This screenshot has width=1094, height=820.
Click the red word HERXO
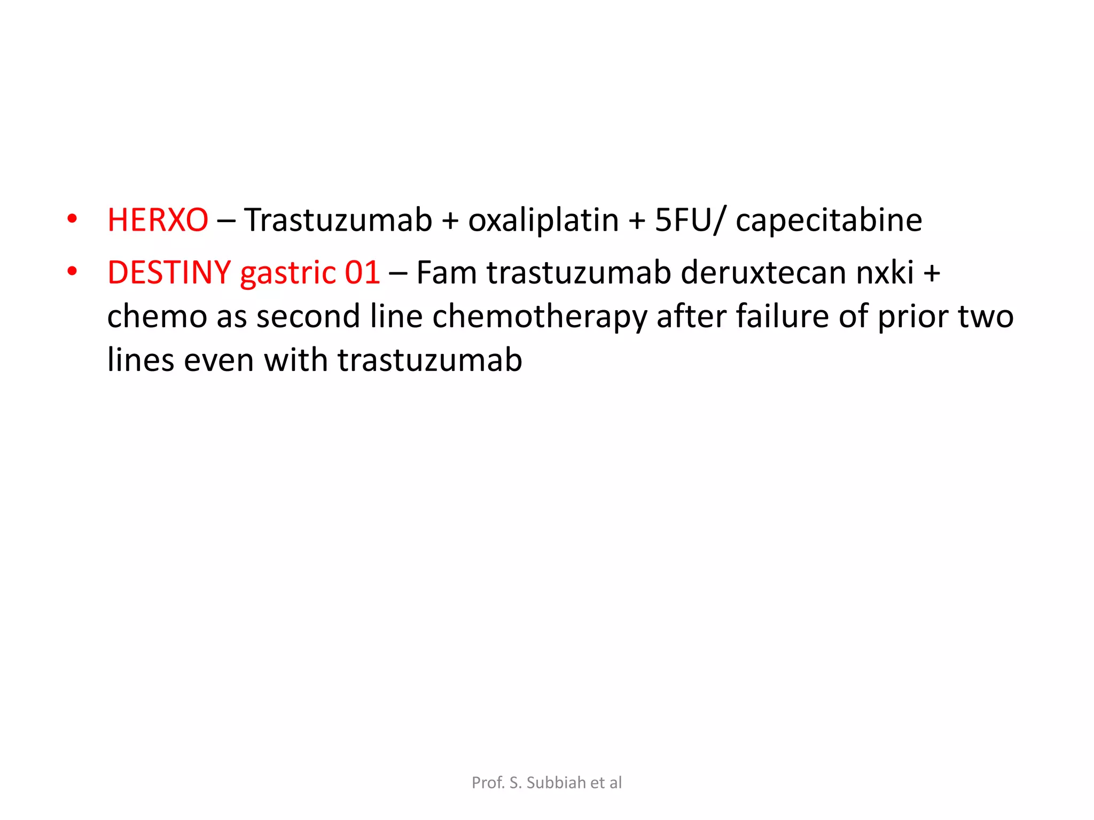point(158,220)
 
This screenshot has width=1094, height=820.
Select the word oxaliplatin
point(543,220)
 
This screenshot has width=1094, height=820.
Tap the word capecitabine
point(829,220)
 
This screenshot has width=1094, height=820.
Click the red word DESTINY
point(169,272)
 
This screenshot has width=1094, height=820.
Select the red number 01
point(362,272)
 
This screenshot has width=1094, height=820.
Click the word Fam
point(446,272)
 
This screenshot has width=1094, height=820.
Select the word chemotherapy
point(540,316)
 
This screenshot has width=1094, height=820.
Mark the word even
point(219,360)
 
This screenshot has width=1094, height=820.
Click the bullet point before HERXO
point(72,219)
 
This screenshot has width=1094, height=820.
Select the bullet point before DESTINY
point(72,271)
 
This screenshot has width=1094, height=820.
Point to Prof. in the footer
point(488,783)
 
